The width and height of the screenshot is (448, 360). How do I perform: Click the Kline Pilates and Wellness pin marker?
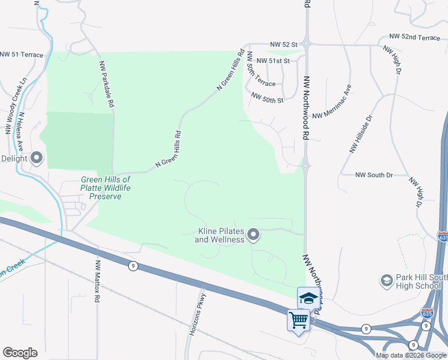point(253,234)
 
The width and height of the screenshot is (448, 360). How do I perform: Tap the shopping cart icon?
point(298,319)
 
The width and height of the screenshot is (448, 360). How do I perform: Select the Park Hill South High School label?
point(413,281)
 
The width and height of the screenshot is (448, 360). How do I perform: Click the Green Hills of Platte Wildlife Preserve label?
point(106,188)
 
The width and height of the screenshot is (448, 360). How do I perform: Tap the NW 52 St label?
point(283,44)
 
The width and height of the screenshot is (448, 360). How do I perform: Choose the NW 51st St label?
point(273,61)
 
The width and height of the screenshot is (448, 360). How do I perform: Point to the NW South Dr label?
point(373,175)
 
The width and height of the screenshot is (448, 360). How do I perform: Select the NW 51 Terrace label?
point(22,55)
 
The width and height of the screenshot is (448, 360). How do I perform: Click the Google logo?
point(20,353)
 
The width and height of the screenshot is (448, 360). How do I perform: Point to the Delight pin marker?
point(37,158)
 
